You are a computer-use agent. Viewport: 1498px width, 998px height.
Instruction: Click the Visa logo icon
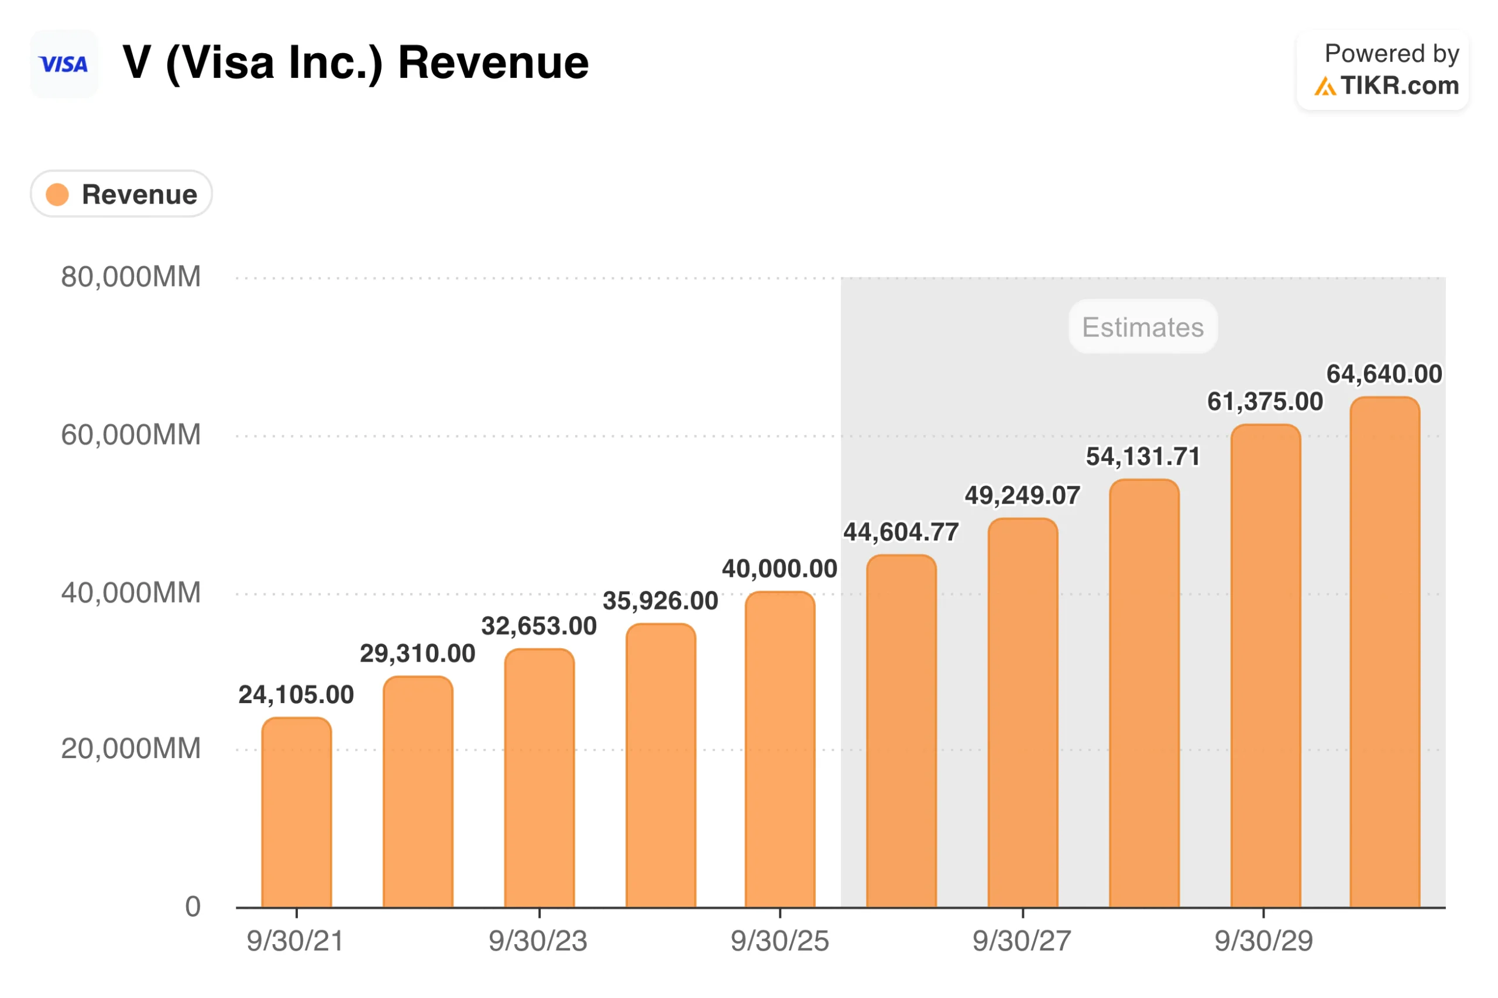click(64, 64)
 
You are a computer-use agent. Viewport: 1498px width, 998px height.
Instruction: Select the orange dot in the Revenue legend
click(57, 194)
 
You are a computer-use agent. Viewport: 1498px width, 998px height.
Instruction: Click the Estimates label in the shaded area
click(1142, 326)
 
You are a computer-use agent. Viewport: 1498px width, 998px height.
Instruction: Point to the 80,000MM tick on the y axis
click(130, 277)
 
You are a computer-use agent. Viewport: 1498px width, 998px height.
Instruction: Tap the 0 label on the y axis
click(193, 906)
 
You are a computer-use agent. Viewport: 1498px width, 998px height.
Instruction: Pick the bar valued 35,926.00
click(660, 765)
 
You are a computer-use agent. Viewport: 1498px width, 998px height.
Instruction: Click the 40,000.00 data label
click(779, 569)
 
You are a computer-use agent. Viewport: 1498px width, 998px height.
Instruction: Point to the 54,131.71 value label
click(1142, 456)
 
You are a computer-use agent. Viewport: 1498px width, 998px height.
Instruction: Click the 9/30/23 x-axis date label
click(538, 941)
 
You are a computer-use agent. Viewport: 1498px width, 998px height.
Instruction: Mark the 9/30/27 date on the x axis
click(1021, 941)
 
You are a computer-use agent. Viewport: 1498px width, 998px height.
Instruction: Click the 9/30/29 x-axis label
click(1263, 941)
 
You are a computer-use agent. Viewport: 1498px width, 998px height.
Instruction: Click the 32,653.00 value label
click(538, 626)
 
